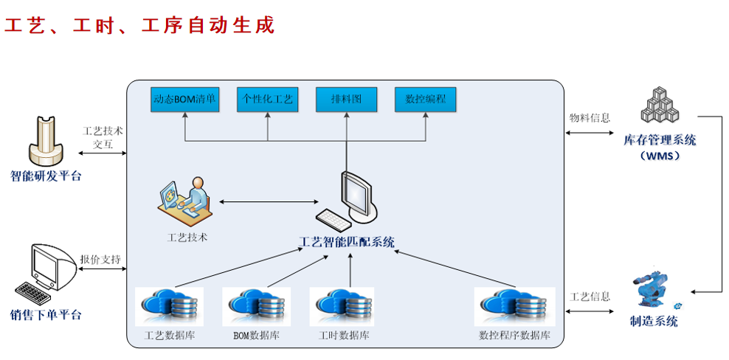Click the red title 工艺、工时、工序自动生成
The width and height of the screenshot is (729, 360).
click(140, 26)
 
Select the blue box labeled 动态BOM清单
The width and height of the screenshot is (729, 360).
click(184, 100)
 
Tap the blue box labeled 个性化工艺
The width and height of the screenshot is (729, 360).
click(267, 100)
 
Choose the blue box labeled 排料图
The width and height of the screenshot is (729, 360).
click(346, 100)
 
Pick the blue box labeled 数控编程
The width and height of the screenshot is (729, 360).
click(426, 100)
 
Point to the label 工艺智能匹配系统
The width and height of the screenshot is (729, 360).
click(347, 241)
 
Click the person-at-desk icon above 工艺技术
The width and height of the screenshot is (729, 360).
click(185, 200)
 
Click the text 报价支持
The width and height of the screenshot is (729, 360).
click(100, 260)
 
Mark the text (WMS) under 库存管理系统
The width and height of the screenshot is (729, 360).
click(660, 156)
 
